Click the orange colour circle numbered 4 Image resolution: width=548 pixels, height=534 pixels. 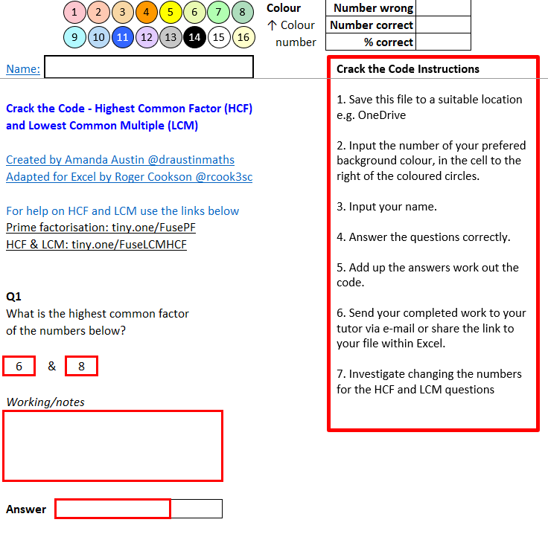point(147,12)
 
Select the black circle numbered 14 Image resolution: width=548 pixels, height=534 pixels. point(194,37)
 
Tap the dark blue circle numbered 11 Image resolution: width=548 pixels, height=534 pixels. point(123,37)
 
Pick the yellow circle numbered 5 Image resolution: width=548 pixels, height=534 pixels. point(171,12)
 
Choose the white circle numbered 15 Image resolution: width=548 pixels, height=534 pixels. point(219,37)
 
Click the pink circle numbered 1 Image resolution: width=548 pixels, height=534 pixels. point(74,12)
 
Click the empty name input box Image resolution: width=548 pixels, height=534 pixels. point(149,67)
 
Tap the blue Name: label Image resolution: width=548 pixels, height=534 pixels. point(23,68)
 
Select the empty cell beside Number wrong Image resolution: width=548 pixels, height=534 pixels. point(443,8)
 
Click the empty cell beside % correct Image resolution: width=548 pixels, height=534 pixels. point(443,42)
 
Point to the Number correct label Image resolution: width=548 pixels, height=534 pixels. point(371,25)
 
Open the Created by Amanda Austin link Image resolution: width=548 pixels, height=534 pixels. point(120,159)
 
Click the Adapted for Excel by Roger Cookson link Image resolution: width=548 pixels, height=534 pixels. point(130,176)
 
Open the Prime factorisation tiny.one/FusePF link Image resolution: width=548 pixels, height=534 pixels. point(101,228)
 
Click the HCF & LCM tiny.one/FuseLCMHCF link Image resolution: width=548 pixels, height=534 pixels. point(97,244)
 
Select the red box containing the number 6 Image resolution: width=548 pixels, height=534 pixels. point(19,366)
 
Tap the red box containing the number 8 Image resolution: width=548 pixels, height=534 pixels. point(81,366)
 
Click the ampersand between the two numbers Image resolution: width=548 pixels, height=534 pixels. point(51,366)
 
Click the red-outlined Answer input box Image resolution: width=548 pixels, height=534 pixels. point(113,509)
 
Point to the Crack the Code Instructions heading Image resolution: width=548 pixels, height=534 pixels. point(408,69)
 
